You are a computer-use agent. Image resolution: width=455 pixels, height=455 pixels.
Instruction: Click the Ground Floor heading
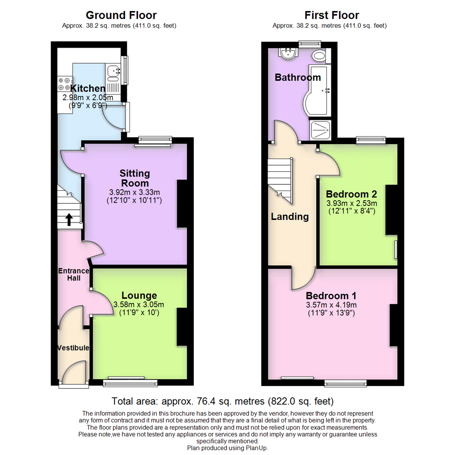(x=121, y=16)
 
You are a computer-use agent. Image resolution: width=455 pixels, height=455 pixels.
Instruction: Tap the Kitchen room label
(x=88, y=88)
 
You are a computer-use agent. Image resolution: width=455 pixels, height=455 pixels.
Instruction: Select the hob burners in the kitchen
(x=65, y=83)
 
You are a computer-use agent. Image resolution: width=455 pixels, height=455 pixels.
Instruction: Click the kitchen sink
(x=113, y=74)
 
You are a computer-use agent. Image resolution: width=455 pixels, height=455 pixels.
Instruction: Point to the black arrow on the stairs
(x=69, y=219)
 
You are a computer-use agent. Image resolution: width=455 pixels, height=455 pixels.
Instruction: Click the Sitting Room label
(x=134, y=178)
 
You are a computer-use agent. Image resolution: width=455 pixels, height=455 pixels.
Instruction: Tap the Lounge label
(x=139, y=295)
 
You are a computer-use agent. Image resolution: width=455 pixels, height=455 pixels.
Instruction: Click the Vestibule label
(x=73, y=348)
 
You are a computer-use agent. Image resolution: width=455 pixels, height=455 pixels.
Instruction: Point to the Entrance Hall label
(x=73, y=274)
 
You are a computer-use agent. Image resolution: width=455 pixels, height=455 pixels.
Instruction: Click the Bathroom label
(x=297, y=78)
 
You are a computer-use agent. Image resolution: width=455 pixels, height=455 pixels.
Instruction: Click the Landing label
(x=289, y=217)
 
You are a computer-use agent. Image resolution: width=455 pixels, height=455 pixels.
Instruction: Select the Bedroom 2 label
(x=351, y=194)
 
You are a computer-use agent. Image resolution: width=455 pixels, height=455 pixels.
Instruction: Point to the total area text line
(x=222, y=401)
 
